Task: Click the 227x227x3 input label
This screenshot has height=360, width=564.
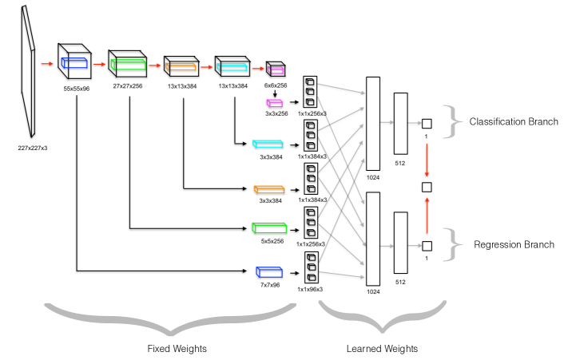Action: [x=32, y=148]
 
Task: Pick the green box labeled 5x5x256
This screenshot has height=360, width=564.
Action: [x=268, y=229]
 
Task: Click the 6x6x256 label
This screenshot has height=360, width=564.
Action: [x=276, y=85]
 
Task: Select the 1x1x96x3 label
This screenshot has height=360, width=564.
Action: [x=310, y=289]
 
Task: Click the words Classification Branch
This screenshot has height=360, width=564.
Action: [x=513, y=121]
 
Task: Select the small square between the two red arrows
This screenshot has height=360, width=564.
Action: [x=427, y=186]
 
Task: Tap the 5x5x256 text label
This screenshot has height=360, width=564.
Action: [x=268, y=242]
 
